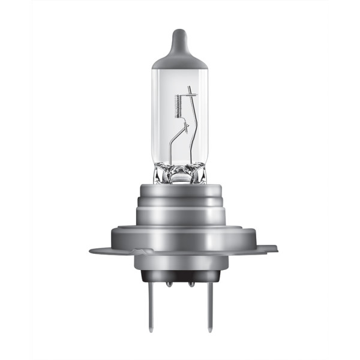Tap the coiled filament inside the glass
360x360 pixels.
click(x=178, y=106)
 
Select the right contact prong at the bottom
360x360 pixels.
click(x=209, y=306)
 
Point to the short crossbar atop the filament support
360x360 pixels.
click(x=190, y=94)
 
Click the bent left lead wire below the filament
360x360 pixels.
click(x=172, y=144)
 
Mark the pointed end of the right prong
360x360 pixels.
click(x=209, y=329)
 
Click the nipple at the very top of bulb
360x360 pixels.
click(x=179, y=33)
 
